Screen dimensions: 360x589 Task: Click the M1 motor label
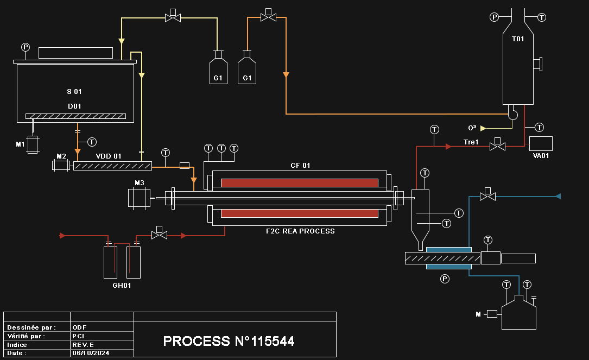tap(20, 144)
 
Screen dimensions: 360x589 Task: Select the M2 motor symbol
tap(61, 165)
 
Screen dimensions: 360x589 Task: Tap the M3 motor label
tap(140, 183)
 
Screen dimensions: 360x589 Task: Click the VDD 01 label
tap(109, 156)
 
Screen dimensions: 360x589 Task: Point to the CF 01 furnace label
tap(300, 166)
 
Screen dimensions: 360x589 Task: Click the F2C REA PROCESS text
tap(300, 231)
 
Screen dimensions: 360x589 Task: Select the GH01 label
tap(122, 285)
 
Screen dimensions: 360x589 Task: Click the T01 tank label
tap(518, 39)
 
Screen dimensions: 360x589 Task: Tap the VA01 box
tap(541, 143)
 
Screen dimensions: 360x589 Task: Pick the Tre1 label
tap(471, 142)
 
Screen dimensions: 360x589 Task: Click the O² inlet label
tap(472, 128)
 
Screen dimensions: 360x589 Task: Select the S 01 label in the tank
tap(74, 92)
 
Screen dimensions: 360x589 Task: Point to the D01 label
tap(74, 106)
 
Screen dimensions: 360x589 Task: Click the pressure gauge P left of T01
tap(495, 17)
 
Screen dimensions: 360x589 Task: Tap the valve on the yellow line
tap(173, 17)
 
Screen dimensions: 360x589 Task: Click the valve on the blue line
tap(487, 195)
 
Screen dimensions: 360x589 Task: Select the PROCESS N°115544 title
tap(229, 341)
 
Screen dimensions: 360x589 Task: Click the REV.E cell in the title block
tap(84, 344)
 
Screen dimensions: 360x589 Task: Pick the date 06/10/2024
tap(91, 353)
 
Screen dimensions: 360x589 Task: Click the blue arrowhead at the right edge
tap(558, 196)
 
